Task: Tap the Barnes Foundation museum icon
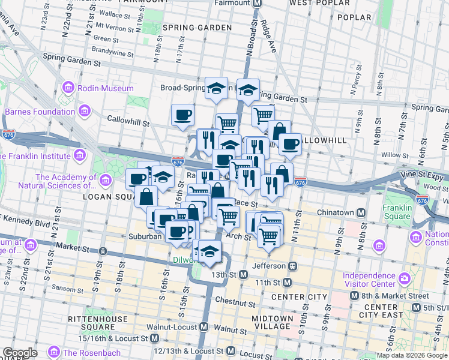[85, 112]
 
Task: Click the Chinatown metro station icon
[361, 212]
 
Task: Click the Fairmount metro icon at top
[258, 3]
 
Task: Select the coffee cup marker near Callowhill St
[183, 115]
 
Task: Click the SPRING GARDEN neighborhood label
[188, 28]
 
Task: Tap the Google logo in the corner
[19, 353]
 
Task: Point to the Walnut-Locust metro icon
[203, 327]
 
